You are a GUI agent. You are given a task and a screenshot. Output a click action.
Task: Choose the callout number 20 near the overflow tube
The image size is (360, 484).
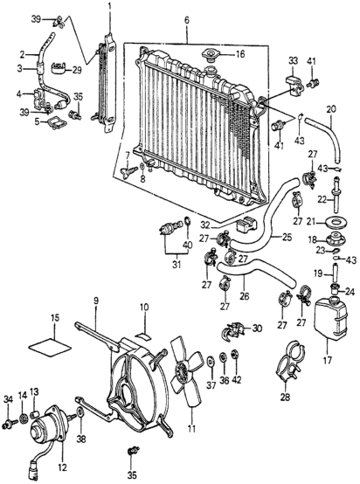pos(330,109)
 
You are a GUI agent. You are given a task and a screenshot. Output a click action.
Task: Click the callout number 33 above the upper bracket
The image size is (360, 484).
pos(294,60)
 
